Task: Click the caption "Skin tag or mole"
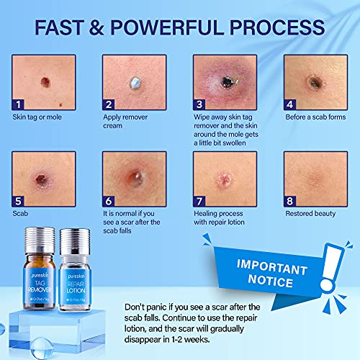point(40,117)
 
